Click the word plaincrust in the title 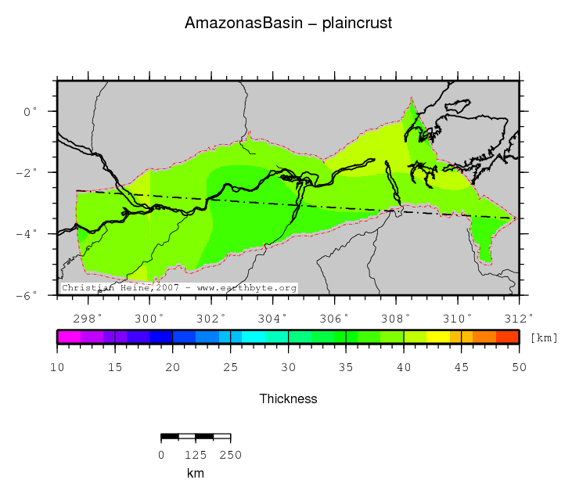pos(357,23)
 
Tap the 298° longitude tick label pos(88,317)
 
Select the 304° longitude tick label pos(273,317)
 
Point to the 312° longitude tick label pos(520,317)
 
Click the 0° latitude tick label pos(31,111)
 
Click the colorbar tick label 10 pos(57,367)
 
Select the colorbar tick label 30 pos(288,367)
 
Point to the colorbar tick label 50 pos(519,367)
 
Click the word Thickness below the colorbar pos(288,398)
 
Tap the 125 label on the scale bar pos(195,454)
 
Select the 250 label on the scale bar pos(230,454)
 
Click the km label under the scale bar pos(195,473)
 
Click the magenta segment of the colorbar pos(69,337)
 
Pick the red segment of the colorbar pos(508,337)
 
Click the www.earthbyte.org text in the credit pos(246,288)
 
